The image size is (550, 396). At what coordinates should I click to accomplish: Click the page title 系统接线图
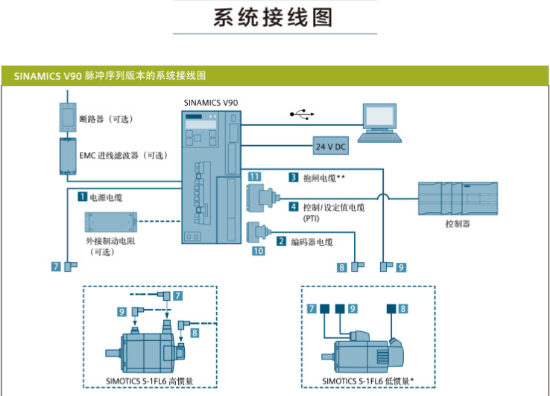coord(274,18)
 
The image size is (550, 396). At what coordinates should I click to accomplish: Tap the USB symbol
coord(302,115)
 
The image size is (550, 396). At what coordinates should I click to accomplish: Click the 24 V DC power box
coord(331,146)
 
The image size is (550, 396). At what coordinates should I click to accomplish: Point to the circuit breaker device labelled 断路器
coord(68,118)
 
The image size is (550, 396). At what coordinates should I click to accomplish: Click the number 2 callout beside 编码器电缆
coord(282,241)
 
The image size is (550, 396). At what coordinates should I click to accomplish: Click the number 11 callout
coord(254,176)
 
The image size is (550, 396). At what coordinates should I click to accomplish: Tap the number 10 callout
coord(258,251)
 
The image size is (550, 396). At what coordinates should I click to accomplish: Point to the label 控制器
coord(458,223)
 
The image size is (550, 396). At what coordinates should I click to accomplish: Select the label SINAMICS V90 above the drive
coord(210,101)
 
